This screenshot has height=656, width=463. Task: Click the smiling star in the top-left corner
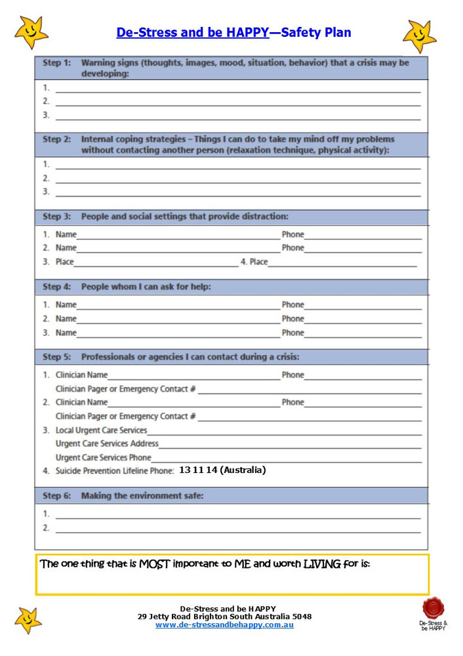click(x=31, y=32)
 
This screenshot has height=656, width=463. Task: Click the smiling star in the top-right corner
click(x=419, y=35)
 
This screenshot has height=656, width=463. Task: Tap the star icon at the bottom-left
click(x=28, y=619)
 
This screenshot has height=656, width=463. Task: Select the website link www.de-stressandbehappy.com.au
click(x=224, y=625)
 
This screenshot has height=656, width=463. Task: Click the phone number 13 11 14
click(x=197, y=470)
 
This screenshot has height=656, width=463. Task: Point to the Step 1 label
click(x=56, y=63)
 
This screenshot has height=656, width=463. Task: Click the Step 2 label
click(x=56, y=139)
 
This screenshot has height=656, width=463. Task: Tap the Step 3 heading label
click(x=56, y=216)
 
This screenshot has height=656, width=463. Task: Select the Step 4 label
click(x=56, y=287)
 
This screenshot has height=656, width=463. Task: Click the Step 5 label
click(x=56, y=357)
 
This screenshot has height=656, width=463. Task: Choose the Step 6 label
click(x=56, y=496)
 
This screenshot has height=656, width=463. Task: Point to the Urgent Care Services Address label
click(x=107, y=443)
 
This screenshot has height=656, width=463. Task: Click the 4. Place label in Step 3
click(x=254, y=262)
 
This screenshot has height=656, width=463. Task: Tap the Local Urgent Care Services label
click(x=101, y=430)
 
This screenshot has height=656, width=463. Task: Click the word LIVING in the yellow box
click(x=321, y=564)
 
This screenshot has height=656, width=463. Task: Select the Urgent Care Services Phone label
click(x=103, y=457)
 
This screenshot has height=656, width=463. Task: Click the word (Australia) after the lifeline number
click(x=243, y=470)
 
